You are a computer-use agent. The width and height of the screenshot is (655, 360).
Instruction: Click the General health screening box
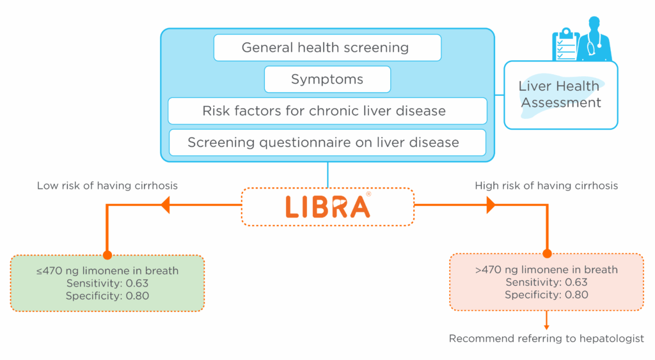coord(327,47)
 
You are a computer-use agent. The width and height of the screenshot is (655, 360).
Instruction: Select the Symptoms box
coord(327,79)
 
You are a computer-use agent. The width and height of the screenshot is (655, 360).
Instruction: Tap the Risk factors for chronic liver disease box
coord(327,111)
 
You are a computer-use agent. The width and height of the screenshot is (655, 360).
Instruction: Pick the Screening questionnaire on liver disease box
coord(327,143)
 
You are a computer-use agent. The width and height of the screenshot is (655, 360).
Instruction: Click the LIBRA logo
coord(328,207)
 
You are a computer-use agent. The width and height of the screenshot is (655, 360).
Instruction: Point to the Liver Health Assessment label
coord(560,95)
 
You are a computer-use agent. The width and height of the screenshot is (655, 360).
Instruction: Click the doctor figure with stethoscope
coord(594,39)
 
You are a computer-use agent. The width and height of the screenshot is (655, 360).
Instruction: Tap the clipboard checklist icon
coord(566,45)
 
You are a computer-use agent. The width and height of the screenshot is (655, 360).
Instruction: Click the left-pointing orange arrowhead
coord(166,205)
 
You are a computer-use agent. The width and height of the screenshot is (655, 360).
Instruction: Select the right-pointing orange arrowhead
coord(491,205)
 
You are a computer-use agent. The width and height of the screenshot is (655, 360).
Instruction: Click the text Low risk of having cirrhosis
coord(107,185)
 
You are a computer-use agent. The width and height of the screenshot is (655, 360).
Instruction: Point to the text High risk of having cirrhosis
coord(546,185)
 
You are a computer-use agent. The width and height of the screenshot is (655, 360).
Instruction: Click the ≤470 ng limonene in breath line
coord(107,270)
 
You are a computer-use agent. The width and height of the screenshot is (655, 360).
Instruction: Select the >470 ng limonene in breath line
coord(546,269)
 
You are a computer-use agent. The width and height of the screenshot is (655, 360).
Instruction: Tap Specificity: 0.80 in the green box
coord(107,296)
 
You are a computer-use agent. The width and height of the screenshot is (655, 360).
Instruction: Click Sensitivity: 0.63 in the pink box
coord(546,283)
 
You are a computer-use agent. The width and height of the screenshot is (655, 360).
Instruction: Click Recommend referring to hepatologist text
coord(546,338)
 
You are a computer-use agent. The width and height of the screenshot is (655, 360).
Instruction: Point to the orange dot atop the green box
coord(107,254)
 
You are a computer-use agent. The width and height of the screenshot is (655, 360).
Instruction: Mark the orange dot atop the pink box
coord(548,253)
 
